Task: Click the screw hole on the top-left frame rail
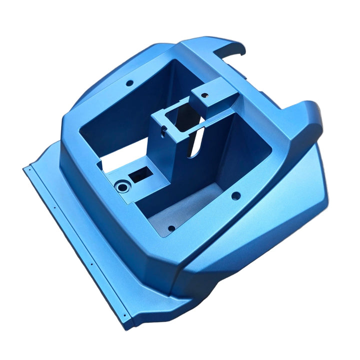(129, 82)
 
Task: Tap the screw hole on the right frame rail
(235, 196)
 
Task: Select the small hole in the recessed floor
(171, 228)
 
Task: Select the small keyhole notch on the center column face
(163, 131)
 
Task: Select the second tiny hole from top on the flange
(54, 204)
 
